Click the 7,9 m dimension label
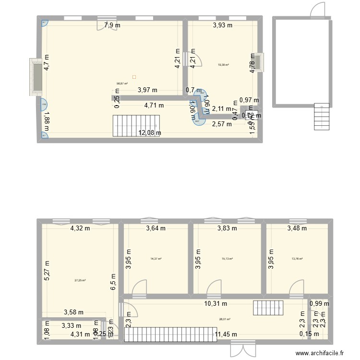point(112,26)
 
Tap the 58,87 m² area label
point(122,83)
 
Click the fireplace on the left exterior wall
point(36,77)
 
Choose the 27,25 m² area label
point(80,281)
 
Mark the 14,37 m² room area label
point(156,259)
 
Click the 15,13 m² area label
point(227,259)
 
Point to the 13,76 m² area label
point(298,259)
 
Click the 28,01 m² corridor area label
point(225,319)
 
